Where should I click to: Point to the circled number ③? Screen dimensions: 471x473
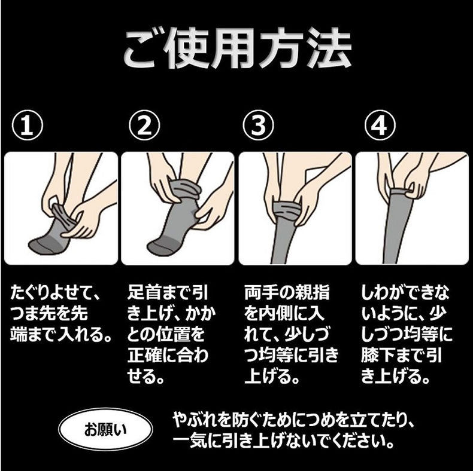258,126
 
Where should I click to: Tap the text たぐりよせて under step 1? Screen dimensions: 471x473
57,293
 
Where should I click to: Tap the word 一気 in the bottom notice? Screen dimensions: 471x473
189,443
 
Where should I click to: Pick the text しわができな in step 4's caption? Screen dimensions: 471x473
407,293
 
